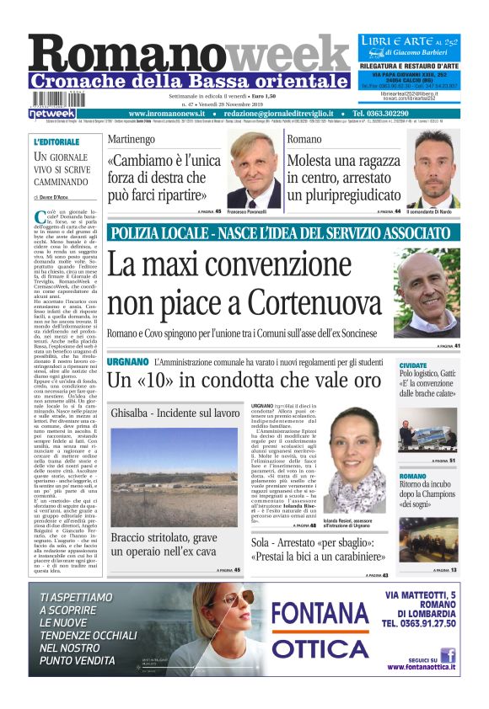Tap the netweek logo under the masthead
click(x=52, y=113)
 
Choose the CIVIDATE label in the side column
click(x=412, y=365)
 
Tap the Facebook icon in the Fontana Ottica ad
click(x=448, y=654)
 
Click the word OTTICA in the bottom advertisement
click(x=318, y=649)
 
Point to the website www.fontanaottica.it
click(x=422, y=667)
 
